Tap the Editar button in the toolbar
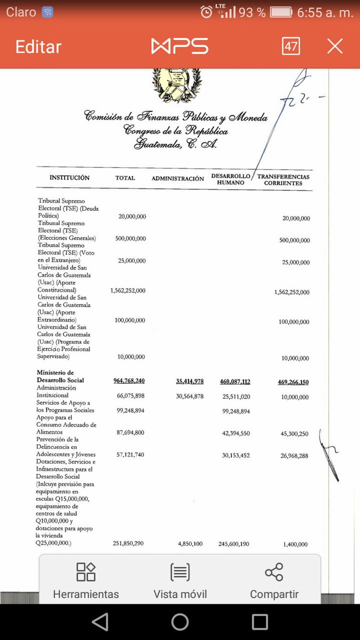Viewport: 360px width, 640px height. [x=38, y=47]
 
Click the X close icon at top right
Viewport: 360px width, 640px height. [x=335, y=47]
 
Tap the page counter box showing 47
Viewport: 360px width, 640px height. [x=291, y=46]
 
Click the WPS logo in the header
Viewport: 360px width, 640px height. [x=180, y=46]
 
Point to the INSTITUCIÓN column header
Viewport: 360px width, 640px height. [x=69, y=178]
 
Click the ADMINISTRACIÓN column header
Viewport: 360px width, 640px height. [x=178, y=179]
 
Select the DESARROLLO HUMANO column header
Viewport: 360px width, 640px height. [x=231, y=179]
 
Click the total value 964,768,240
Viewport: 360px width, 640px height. [x=129, y=381]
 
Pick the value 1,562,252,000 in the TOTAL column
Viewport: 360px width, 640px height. [x=128, y=291]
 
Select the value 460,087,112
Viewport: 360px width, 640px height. [x=235, y=381]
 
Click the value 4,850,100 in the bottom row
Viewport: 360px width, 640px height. [x=190, y=544]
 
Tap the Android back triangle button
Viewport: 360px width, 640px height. [x=100, y=622]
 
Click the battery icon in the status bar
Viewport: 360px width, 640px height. [x=281, y=12]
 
